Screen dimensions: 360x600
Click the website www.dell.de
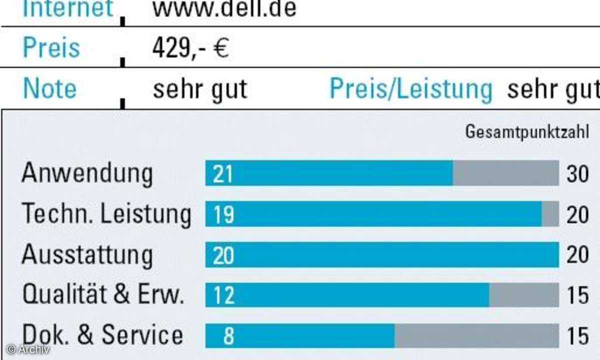[224, 8]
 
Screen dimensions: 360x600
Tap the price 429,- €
[190, 48]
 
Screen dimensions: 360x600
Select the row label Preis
[51, 48]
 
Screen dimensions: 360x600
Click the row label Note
[50, 89]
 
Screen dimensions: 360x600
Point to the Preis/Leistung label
[411, 89]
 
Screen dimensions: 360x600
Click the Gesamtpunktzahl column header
[527, 132]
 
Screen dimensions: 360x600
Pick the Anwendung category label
[87, 173]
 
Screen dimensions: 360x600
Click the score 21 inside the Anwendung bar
[223, 174]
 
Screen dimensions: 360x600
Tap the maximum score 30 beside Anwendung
[577, 174]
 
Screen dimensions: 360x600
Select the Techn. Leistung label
[106, 214]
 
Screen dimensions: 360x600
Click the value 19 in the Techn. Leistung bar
[223, 215]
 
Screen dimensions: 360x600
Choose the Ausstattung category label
[87, 255]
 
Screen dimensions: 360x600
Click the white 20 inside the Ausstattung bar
[223, 255]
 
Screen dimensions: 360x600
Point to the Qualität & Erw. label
[103, 295]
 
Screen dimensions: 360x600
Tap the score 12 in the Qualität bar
[223, 296]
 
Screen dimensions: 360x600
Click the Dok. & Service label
[102, 335]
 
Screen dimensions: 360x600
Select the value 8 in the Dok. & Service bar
[228, 336]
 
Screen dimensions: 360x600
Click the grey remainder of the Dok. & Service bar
[476, 336]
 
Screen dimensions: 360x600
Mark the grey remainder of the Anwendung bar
[505, 173]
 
